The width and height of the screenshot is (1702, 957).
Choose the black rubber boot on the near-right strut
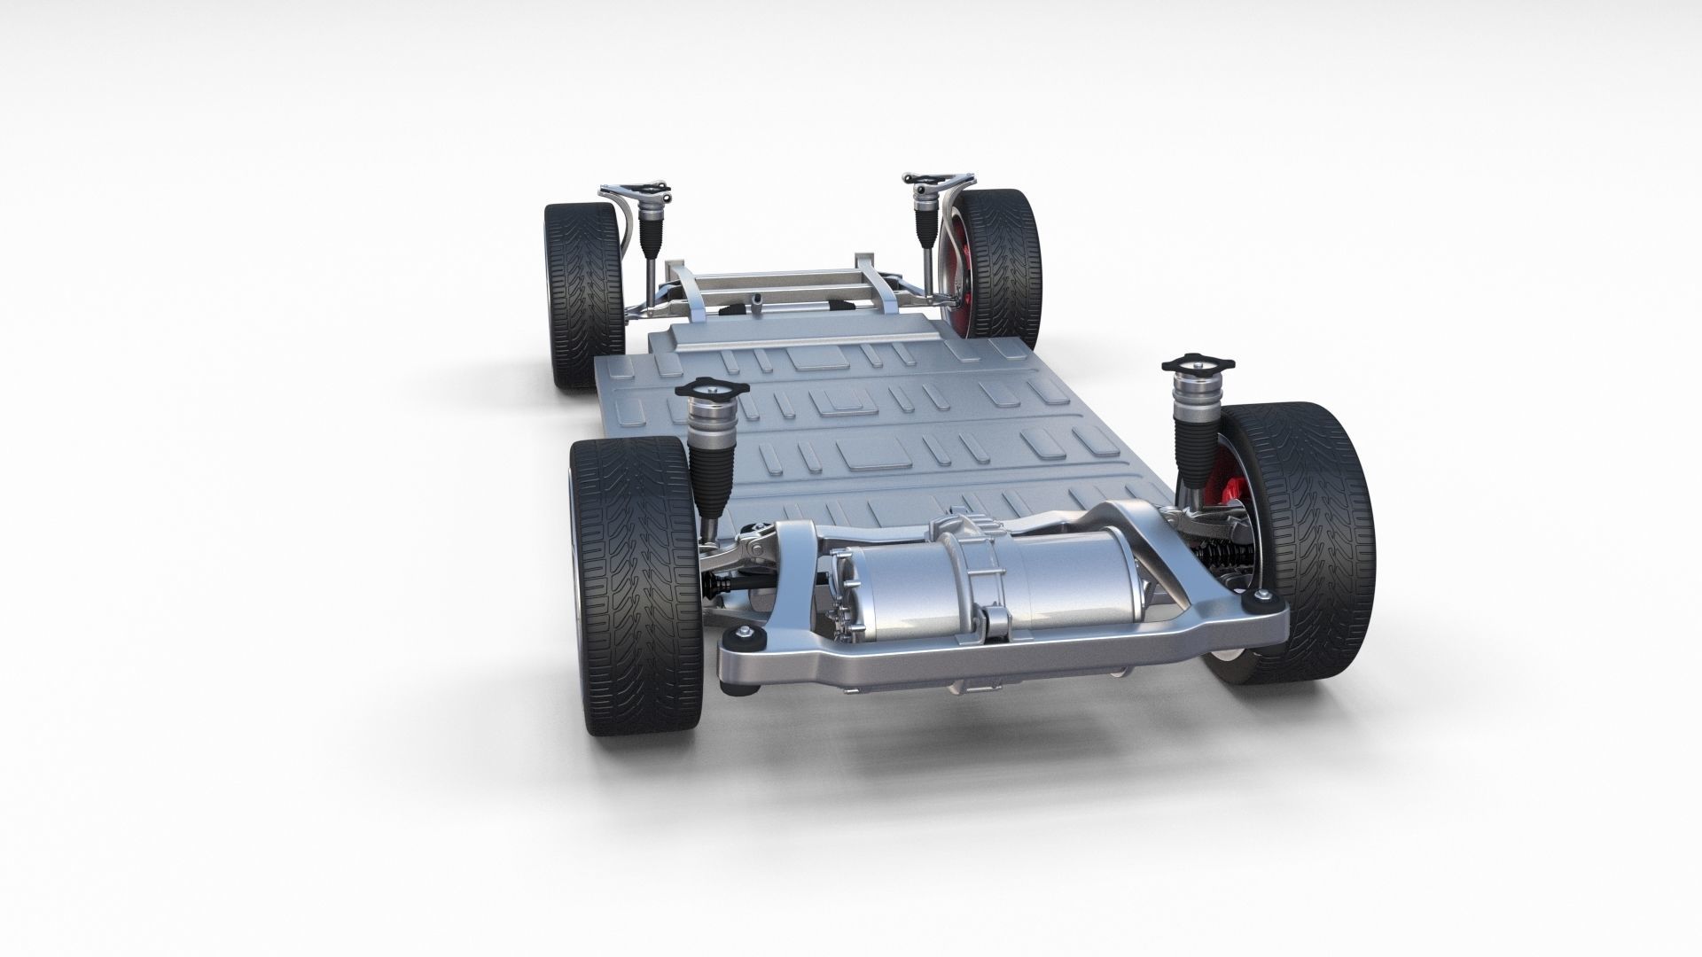1192,443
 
